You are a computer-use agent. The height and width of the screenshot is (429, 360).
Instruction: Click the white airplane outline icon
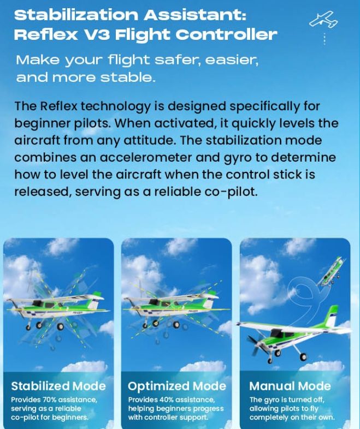click(x=323, y=19)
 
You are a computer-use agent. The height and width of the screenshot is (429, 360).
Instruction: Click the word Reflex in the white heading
click(x=46, y=35)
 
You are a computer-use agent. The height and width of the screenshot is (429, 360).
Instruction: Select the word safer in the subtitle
click(x=178, y=60)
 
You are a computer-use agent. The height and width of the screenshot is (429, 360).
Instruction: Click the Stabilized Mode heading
click(x=58, y=386)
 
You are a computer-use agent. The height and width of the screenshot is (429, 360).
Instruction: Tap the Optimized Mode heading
click(x=177, y=386)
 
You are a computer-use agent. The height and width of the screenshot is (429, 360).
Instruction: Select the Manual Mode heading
click(x=290, y=386)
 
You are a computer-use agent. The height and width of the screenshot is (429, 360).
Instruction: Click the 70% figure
click(x=49, y=400)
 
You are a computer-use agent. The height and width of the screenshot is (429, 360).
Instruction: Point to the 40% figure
click(x=167, y=400)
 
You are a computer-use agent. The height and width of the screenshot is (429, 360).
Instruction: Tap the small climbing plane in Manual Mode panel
click(x=331, y=272)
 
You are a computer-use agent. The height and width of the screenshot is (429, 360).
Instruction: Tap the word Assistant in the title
click(x=195, y=15)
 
